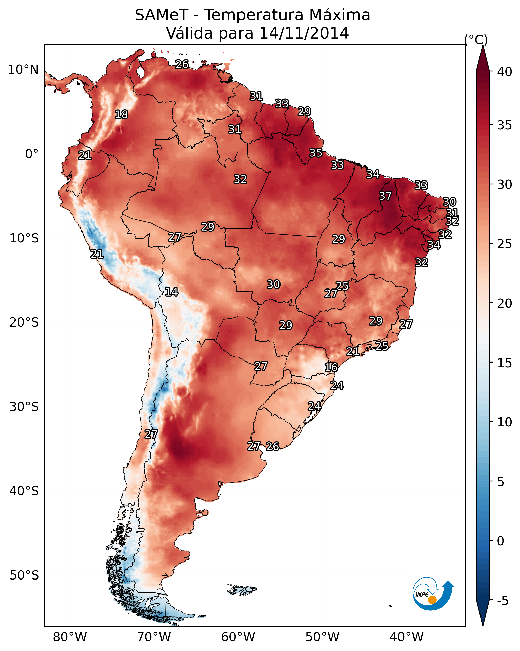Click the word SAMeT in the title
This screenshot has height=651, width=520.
[161, 15]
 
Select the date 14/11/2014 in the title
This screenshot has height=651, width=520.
[304, 33]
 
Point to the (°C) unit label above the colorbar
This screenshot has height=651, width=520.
[476, 40]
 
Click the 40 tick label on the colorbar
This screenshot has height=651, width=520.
[505, 72]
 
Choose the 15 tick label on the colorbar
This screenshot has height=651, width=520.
[505, 363]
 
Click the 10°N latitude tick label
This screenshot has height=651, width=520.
[23, 70]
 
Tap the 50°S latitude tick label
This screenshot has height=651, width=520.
[24, 575]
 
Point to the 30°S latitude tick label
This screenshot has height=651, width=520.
[24, 407]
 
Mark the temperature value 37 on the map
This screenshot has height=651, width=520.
[385, 196]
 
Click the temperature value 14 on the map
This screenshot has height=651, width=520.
[171, 292]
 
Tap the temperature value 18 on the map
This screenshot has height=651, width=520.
[121, 115]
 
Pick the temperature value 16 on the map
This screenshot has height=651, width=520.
[331, 367]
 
